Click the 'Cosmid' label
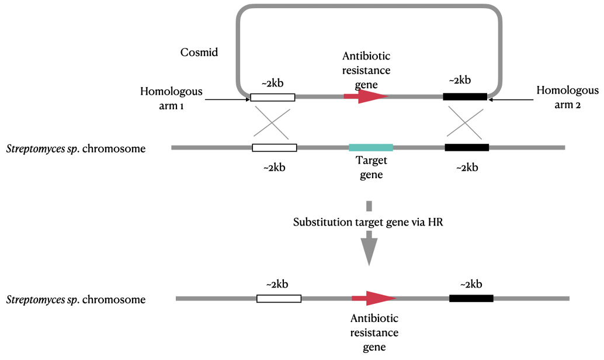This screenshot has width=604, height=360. (199, 53)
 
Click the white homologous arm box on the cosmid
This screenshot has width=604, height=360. (273, 97)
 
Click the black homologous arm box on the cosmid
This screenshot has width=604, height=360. (465, 96)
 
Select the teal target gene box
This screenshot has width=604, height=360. (371, 147)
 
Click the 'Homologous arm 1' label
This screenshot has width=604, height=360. (171, 98)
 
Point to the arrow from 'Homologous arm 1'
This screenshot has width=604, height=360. (228, 99)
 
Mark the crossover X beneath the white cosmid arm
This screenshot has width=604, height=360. (274, 122)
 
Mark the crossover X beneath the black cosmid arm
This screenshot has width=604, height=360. (465, 122)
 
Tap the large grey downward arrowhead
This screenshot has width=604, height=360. (369, 248)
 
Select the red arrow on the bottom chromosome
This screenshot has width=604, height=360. (374, 298)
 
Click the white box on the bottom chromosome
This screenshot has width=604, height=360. (279, 299)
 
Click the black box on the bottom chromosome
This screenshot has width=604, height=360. (471, 298)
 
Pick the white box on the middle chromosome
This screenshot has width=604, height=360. (275, 147)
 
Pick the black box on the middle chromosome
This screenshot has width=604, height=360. (467, 147)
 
